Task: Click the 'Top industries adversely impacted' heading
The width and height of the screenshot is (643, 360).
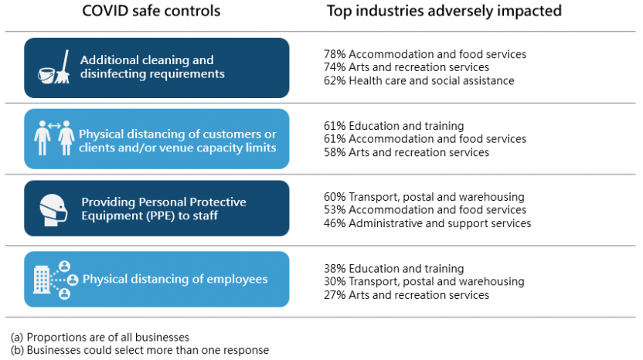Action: coord(444,12)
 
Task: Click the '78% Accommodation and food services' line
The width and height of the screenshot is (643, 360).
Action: coord(424,55)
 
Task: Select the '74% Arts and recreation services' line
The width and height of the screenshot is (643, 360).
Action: coord(406,68)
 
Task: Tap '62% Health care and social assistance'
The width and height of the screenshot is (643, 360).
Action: coord(418,81)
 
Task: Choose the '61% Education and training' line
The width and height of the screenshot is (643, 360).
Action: coord(393,126)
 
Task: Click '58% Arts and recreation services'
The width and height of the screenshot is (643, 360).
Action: coord(406,152)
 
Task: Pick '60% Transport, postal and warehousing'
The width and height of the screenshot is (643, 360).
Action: coord(424,197)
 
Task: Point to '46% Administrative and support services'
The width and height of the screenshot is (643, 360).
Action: coord(427,223)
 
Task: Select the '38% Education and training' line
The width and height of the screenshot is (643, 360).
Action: coord(393,268)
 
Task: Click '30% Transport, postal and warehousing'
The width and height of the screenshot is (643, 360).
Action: coord(424,281)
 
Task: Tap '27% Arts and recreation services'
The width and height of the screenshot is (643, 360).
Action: coord(406,294)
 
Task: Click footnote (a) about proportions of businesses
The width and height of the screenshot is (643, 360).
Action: coord(100,337)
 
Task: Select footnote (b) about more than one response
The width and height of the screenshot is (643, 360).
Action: coord(139,350)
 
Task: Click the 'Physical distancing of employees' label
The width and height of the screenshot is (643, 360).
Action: coord(175,279)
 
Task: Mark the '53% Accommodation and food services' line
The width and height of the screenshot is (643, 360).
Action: coord(424,210)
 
